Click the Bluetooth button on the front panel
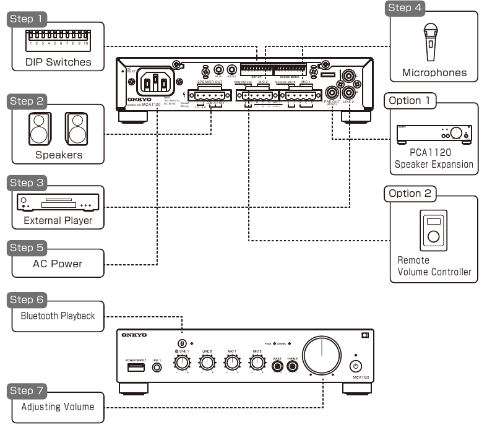[182, 343]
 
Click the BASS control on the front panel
[278, 366]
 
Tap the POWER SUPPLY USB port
[134, 367]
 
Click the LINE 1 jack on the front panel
[157, 368]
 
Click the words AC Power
[58, 264]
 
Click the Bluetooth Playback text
[58, 316]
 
